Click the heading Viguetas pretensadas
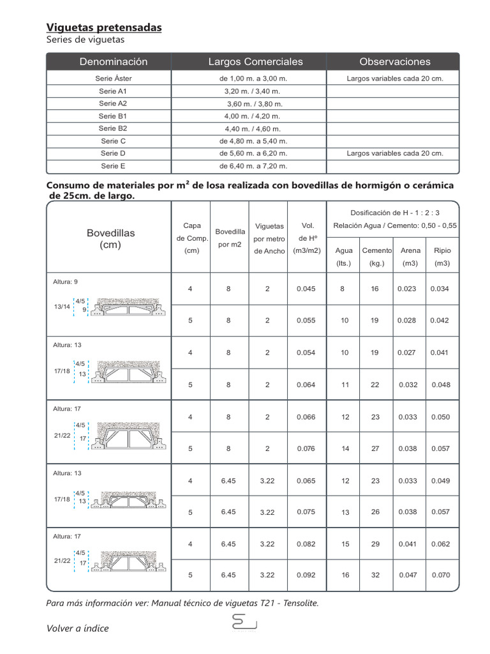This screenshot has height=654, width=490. coord(104,27)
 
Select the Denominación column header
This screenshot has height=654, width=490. coord(114,62)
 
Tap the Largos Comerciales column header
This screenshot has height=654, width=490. coord(255,62)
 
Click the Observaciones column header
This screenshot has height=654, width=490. coord(394,62)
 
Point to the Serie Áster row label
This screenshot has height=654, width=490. coord(114,79)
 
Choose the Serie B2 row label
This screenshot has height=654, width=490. coord(114,128)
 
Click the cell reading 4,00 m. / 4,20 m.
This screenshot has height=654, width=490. coord(253,116)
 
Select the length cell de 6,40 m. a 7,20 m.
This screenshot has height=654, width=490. coord(253,166)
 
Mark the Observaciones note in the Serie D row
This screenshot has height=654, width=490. coord(394,153)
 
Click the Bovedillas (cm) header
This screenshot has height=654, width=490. coord(111,239)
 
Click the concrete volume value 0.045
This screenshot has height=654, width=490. coord(306,289)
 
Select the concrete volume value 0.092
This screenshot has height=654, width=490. coord(306,575)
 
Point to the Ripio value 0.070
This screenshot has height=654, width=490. coord(440,575)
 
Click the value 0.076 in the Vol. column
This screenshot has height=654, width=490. coord(306,449)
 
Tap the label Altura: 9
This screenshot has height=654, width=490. coord(65,282)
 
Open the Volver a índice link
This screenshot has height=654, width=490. coord(78,628)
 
